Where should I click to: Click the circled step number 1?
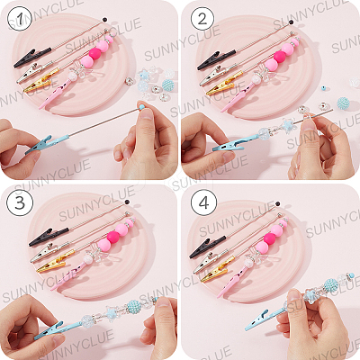20,19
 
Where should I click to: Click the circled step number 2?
202,19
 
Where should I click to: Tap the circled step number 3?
20,203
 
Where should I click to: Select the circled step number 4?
203,203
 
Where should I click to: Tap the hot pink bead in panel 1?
94,53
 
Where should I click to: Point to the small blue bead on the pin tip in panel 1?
141,106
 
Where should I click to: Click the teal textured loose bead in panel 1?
167,85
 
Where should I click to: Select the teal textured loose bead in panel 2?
343,103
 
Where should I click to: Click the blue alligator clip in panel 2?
231,143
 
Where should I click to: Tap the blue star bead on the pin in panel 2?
288,124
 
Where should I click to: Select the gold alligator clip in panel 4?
218,272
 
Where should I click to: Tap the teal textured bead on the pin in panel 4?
331,284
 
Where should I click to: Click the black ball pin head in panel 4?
278,204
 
